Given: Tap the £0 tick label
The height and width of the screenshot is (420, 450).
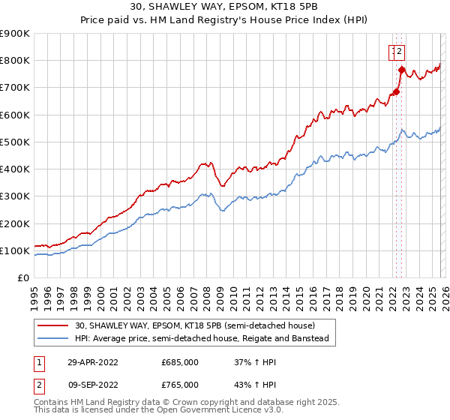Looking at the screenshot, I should (24, 278).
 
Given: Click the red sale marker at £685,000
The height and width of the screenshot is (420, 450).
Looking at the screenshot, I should (395, 92).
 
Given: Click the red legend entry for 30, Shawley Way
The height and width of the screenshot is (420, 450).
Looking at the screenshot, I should (195, 325).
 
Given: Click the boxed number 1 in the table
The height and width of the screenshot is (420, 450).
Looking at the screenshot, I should (38, 361).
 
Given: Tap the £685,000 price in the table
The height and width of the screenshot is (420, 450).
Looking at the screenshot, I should (180, 361).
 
